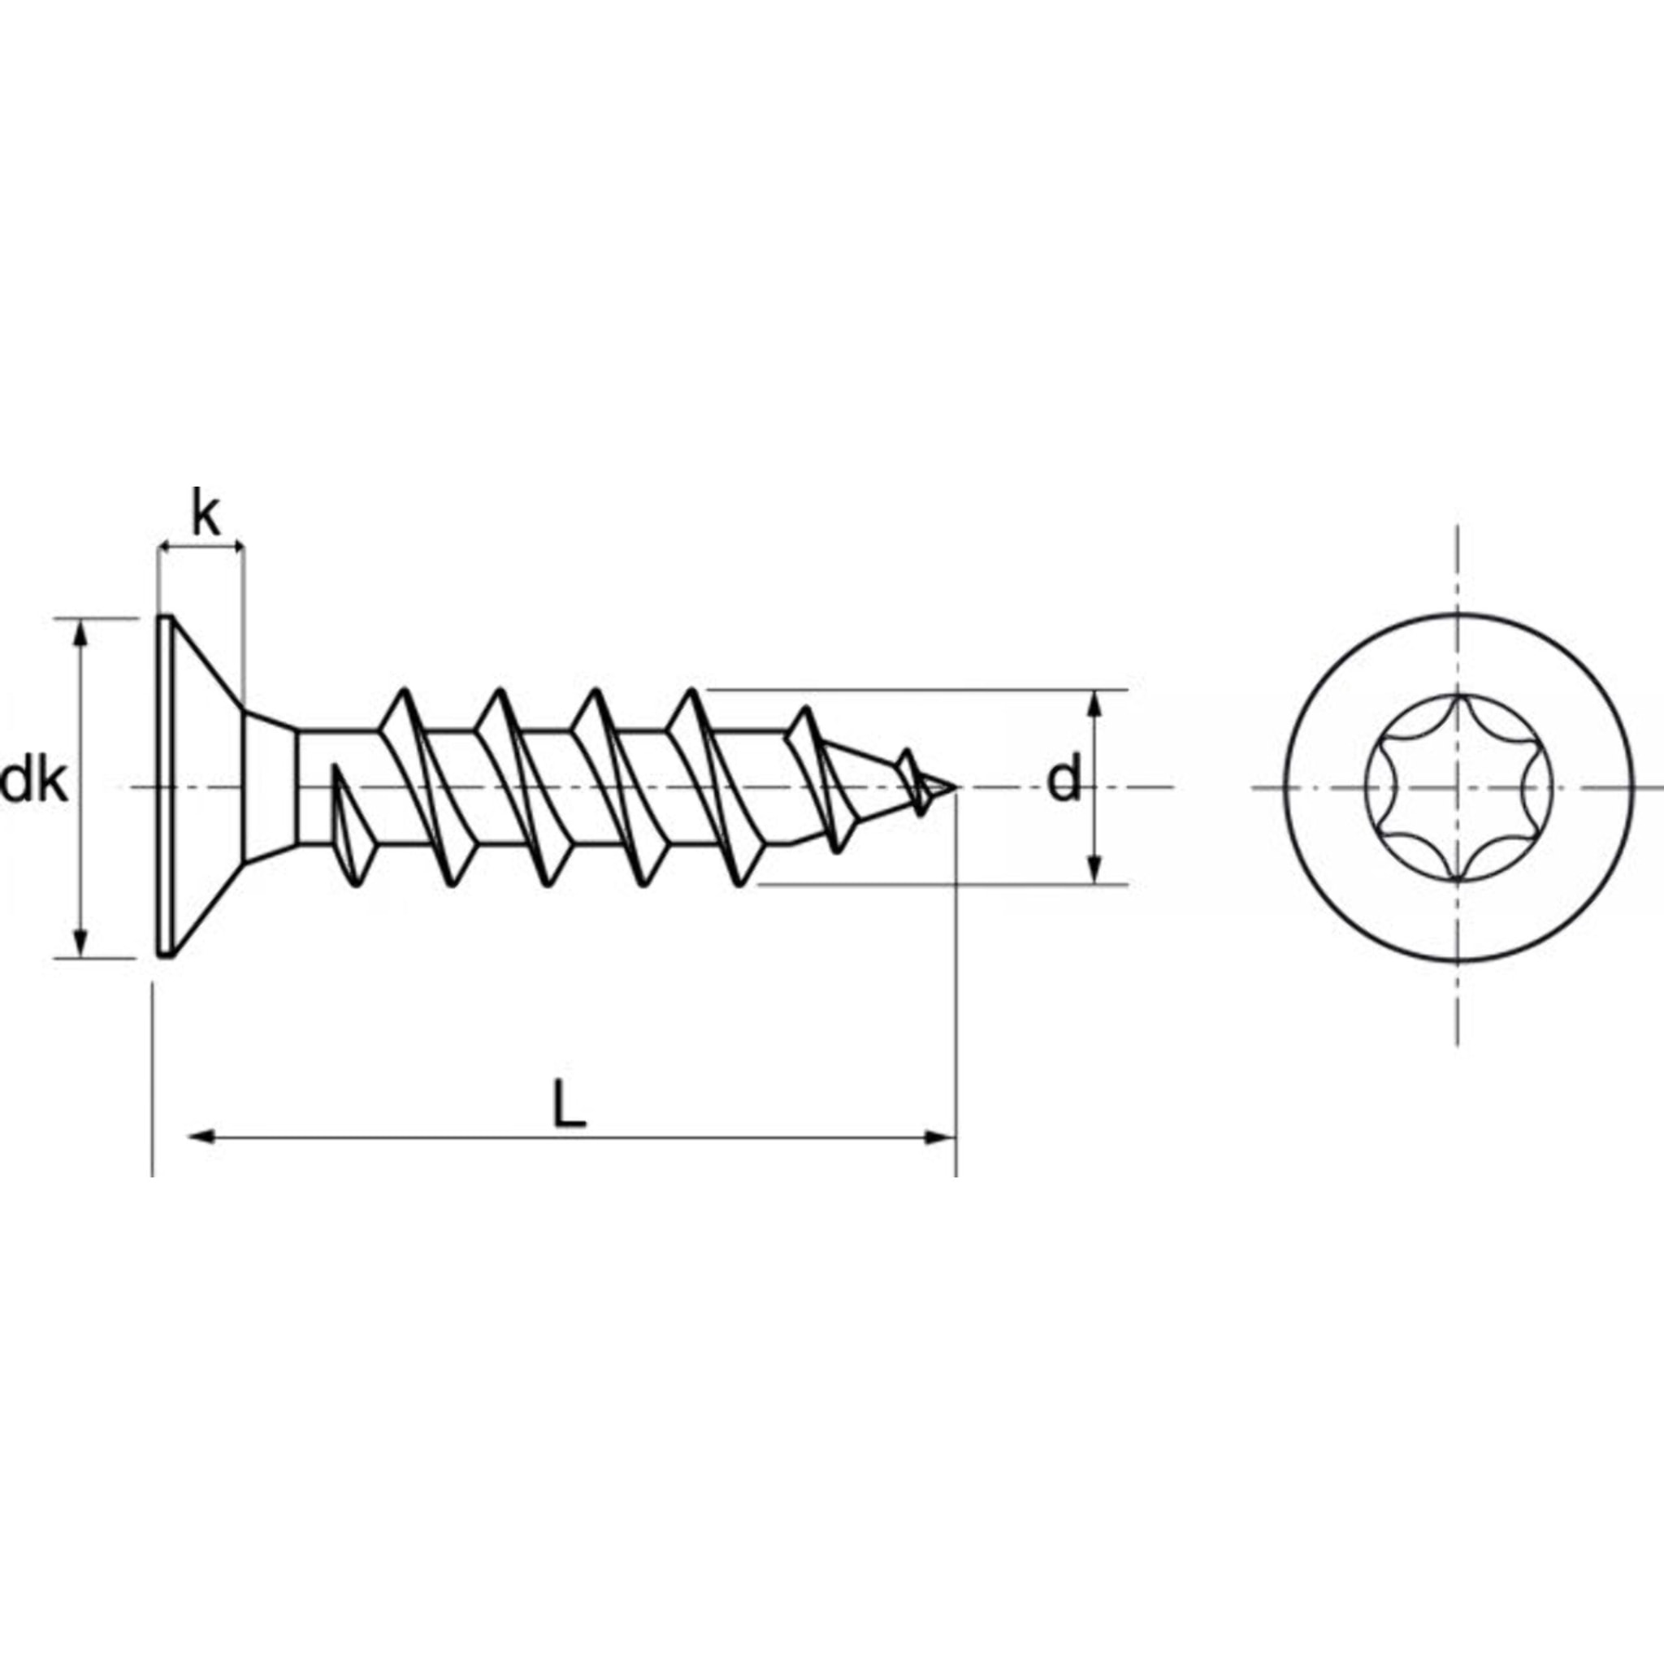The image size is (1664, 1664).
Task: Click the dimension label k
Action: (206, 516)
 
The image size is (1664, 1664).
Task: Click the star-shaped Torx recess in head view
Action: (1458, 787)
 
